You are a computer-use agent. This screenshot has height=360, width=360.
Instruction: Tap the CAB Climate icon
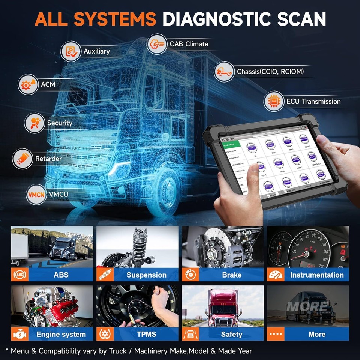(x=157, y=44)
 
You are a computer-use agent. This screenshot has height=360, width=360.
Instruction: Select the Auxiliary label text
(x=96, y=51)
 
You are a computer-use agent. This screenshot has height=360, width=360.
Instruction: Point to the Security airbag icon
(x=34, y=123)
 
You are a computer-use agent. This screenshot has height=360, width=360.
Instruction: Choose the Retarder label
(x=48, y=159)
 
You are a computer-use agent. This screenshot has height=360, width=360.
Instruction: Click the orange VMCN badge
(x=36, y=194)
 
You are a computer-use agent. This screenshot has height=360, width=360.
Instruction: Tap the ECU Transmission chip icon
(x=274, y=101)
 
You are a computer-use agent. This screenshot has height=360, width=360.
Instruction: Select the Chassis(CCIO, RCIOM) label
(x=270, y=71)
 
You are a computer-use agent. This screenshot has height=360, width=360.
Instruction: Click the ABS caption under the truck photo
(x=61, y=275)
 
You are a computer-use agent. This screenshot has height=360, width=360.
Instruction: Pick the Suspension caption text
(x=146, y=275)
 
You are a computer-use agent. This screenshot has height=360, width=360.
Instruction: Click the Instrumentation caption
(x=316, y=275)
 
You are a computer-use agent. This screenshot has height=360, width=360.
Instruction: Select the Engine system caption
(x=61, y=334)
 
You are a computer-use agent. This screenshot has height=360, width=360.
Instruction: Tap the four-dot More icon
(x=276, y=334)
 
